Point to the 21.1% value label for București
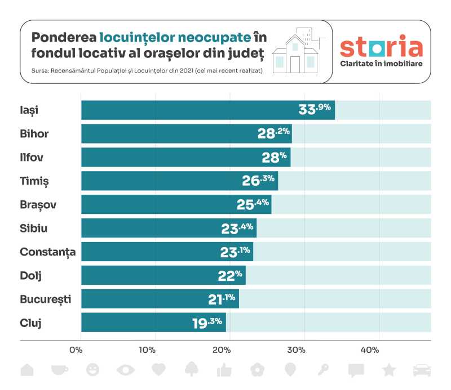pos(222,299)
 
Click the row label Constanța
pos(47,252)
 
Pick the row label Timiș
pos(35,181)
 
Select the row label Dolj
pos(32,275)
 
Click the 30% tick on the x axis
pos(296,350)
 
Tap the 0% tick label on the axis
pos(76,350)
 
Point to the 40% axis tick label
pos(369,350)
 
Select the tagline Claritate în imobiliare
pos(381,63)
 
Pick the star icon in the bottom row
pos(388,370)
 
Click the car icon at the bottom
pos(422,370)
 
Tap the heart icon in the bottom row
pos(159,370)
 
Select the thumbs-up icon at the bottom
pos(224,370)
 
